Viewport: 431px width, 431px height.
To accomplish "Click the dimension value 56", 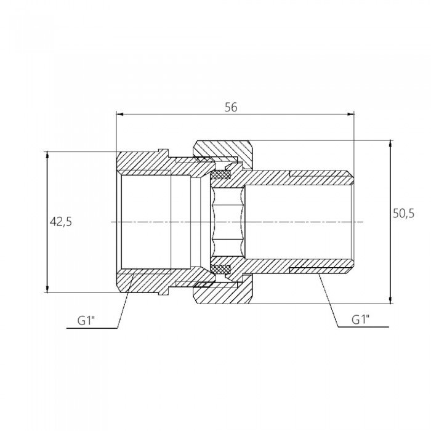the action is click(231, 107).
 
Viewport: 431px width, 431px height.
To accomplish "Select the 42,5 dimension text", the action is click(61, 222).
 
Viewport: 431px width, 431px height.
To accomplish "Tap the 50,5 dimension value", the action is click(403, 213).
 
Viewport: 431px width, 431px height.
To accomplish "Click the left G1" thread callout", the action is click(86, 321).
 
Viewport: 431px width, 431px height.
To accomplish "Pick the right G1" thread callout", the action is click(361, 320).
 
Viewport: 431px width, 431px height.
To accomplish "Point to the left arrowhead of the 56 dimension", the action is click(119, 115).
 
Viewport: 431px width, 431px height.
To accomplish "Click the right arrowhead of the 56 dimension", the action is click(351, 115).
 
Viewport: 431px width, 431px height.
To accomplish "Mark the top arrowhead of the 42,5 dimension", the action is click(47, 155).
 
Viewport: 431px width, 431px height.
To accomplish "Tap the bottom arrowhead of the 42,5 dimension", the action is click(47, 289).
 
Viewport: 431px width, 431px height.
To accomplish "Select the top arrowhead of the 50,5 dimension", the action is click(390, 143).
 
